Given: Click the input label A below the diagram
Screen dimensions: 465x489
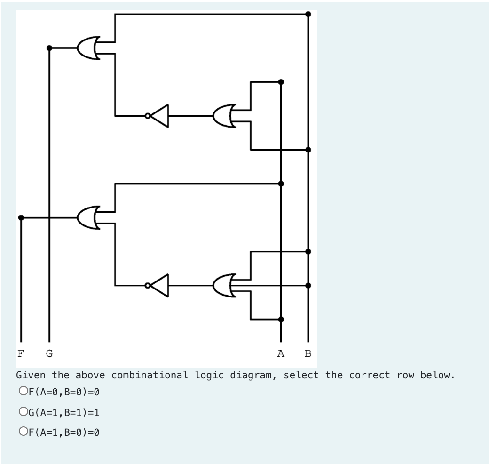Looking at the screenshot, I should (281, 353).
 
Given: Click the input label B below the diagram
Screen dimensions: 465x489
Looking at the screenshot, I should (308, 353).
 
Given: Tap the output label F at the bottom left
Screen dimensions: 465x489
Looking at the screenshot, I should (20, 353).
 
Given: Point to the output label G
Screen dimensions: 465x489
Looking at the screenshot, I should (49, 353).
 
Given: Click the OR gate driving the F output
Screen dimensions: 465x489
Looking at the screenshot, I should (89, 217).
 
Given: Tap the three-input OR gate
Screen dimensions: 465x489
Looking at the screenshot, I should (224, 285).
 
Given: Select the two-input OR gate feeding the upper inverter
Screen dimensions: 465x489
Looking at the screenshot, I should (224, 116).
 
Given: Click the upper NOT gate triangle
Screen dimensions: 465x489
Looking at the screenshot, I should (159, 116).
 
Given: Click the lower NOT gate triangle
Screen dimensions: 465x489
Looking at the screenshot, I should (159, 285).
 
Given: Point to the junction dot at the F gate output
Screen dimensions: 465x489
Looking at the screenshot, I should (20, 217).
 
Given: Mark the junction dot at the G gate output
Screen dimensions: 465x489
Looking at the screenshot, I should (49, 48).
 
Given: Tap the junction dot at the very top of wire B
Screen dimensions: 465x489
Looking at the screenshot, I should (308, 14).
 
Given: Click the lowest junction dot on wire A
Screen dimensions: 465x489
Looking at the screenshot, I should (281, 319).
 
